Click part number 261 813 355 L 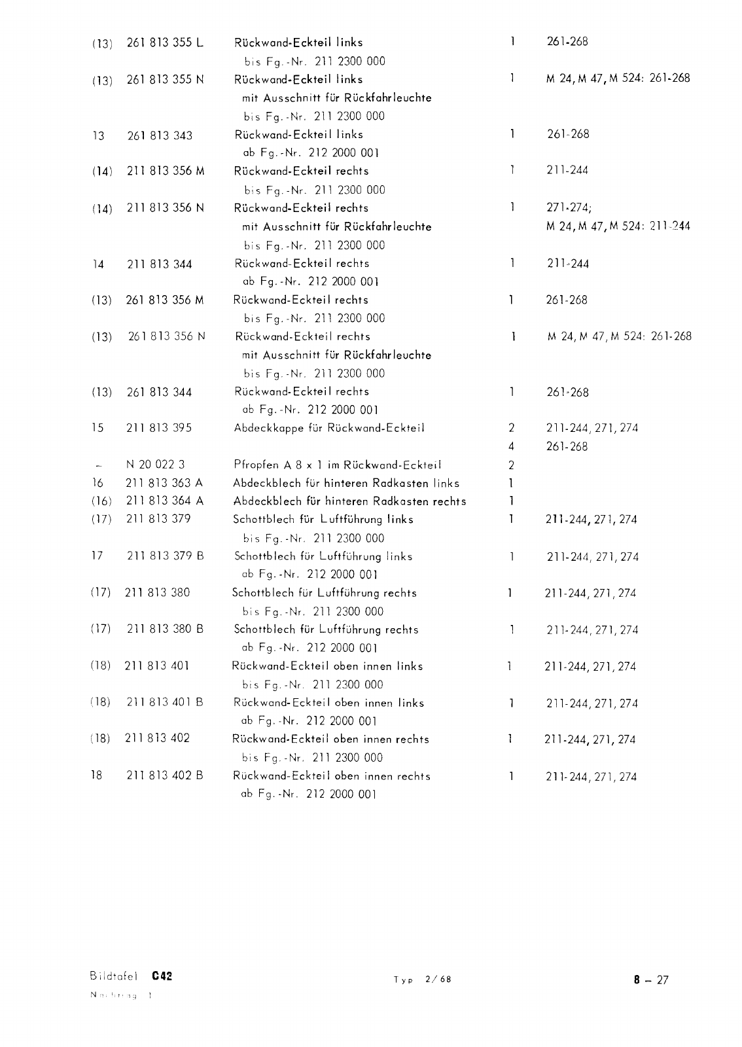[165, 43]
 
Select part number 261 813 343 [160, 135]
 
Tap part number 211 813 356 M [166, 171]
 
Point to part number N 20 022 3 [155, 465]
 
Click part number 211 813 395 [158, 428]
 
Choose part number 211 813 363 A [164, 483]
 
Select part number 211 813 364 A [164, 501]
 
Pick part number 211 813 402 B [165, 775]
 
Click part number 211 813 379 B [166, 556]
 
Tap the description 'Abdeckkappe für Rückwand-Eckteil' [329, 428]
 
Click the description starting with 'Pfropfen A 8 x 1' [337, 465]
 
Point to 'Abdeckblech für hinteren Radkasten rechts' [349, 501]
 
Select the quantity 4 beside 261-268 [511, 447]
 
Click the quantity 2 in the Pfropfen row [511, 465]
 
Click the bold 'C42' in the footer [161, 976]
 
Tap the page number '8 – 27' [651, 980]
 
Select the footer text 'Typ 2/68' [423, 980]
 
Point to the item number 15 [97, 428]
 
